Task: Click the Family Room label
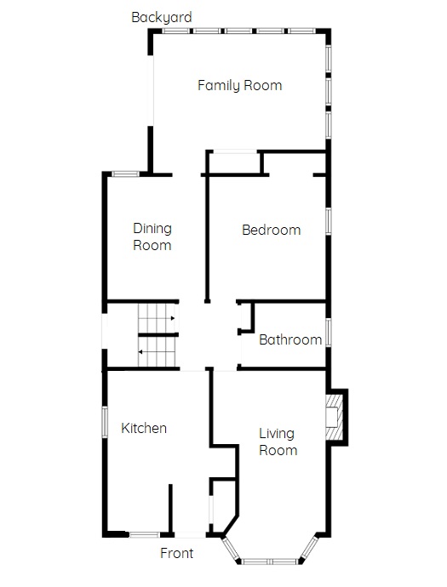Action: tap(239, 85)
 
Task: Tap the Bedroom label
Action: tap(272, 230)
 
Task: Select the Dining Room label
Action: tap(152, 237)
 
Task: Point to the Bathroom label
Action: tap(290, 339)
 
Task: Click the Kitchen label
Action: tap(144, 428)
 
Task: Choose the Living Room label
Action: tap(278, 442)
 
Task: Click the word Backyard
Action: tap(162, 17)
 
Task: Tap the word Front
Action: tap(176, 553)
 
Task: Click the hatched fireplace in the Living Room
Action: tap(335, 417)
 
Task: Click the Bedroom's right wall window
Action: tap(328, 222)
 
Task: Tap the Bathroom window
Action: tap(328, 333)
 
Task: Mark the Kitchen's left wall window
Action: tap(105, 422)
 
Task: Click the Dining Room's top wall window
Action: tap(126, 174)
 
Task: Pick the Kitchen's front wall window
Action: tap(145, 534)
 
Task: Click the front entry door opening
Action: tap(190, 535)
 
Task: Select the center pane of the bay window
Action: tap(269, 561)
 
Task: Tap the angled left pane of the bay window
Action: tap(231, 549)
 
